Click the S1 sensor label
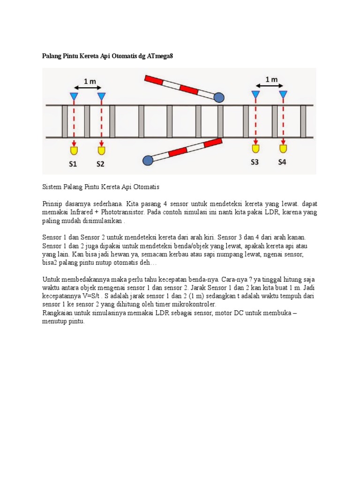[x=74, y=164]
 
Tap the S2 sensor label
[x=101, y=164]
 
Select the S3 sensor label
[x=255, y=162]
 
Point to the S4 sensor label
[x=282, y=162]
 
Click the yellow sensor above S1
[x=74, y=150]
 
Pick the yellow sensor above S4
[x=283, y=149]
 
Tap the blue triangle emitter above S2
[x=101, y=97]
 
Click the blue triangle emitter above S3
[x=255, y=95]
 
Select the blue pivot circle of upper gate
[x=219, y=97]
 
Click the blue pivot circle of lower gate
[x=148, y=161]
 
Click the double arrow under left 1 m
[x=88, y=88]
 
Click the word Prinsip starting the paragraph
[x=52, y=204]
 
